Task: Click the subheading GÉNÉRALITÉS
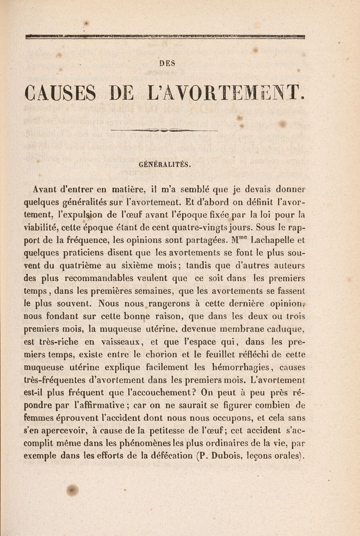click(x=167, y=165)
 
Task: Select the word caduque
click(x=288, y=322)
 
